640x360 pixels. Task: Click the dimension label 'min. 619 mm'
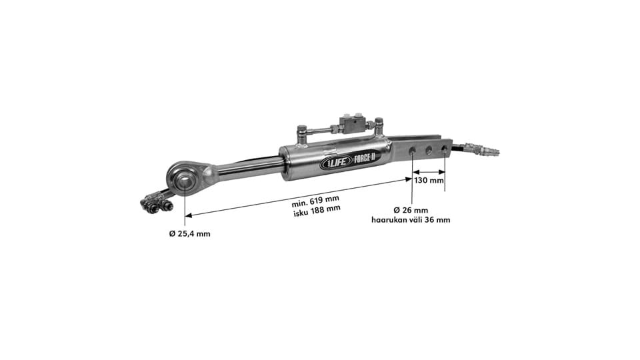pyautogui.click(x=315, y=200)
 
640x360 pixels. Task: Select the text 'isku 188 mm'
pyautogui.click(x=317, y=209)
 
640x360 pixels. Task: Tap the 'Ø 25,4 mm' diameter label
pyautogui.click(x=190, y=234)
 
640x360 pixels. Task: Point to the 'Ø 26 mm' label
pyautogui.click(x=411, y=210)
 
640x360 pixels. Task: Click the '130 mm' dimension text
pyautogui.click(x=429, y=180)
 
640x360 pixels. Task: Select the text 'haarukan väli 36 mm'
pyautogui.click(x=411, y=220)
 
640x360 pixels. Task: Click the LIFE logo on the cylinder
pyautogui.click(x=335, y=163)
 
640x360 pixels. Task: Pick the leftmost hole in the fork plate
pyautogui.click(x=412, y=151)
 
